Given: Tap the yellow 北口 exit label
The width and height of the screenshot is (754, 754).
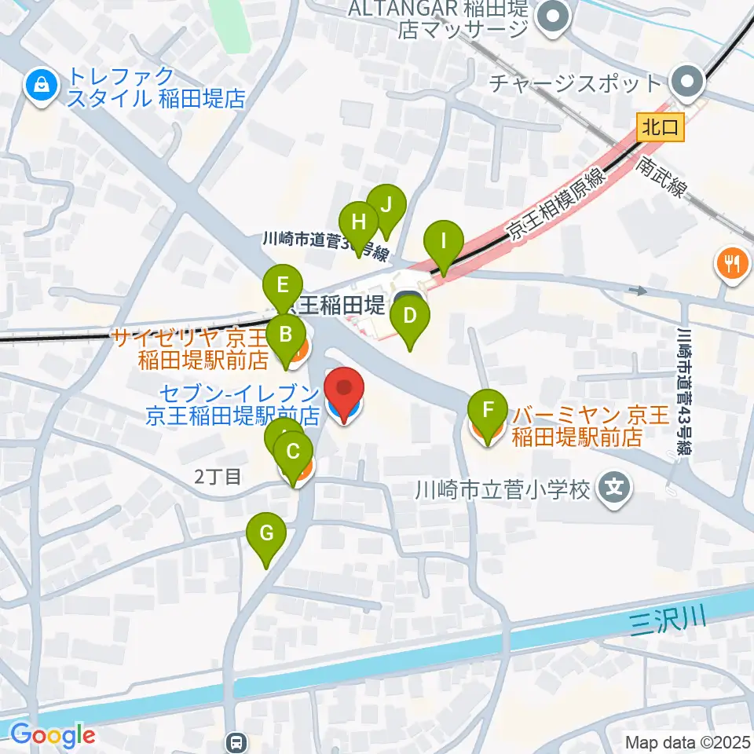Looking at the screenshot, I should (661, 126).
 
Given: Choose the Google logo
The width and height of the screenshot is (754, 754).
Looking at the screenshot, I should (53, 734).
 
